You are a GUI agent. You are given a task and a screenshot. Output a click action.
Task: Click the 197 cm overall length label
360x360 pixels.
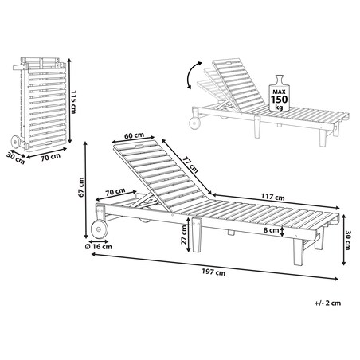pyautogui.click(x=213, y=272)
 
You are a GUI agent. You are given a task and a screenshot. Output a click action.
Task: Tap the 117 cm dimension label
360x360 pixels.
pyautogui.click(x=272, y=197)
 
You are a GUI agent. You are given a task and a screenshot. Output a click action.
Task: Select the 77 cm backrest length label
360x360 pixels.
pyautogui.click(x=190, y=164)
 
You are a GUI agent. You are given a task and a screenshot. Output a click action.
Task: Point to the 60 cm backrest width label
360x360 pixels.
pyautogui.click(x=134, y=135)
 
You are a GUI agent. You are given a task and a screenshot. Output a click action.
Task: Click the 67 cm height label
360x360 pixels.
pyautogui.click(x=81, y=187)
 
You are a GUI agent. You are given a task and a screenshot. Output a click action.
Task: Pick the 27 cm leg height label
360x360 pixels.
pyautogui.click(x=184, y=235)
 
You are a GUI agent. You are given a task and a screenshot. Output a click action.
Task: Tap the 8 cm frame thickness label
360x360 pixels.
pyautogui.click(x=271, y=230)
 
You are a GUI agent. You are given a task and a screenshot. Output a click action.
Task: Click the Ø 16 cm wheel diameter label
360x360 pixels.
pyautogui.click(x=99, y=247)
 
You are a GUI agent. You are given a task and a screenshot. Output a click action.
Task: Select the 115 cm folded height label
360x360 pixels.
pyautogui.click(x=73, y=102)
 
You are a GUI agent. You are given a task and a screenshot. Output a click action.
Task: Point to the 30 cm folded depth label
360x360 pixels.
pyautogui.click(x=16, y=158)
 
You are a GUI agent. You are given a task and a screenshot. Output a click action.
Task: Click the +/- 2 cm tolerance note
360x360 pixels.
pyautogui.click(x=327, y=303)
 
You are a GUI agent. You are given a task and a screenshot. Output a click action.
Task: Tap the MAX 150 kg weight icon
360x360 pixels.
pyautogui.click(x=279, y=93)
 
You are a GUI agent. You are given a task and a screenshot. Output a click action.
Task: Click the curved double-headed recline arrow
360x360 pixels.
pyautogui.click(x=193, y=75)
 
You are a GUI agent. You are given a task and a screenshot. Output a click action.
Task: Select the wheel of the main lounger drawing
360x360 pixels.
pyautogui.click(x=100, y=229)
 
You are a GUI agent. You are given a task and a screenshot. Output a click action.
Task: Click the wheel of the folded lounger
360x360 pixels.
pyautogui.click(x=15, y=142)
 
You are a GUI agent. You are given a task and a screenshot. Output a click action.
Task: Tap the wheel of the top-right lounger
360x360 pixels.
pyautogui.click(x=194, y=123)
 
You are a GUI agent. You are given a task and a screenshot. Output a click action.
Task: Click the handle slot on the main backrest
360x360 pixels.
pyautogui.click(x=140, y=147)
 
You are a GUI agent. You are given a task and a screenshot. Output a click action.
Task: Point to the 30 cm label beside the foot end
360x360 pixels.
pyautogui.click(x=348, y=241)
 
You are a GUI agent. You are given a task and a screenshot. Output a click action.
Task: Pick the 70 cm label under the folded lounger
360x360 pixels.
pyautogui.click(x=50, y=157)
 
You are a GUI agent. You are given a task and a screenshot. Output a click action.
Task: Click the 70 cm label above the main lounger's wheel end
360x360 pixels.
pyautogui.click(x=115, y=192)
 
